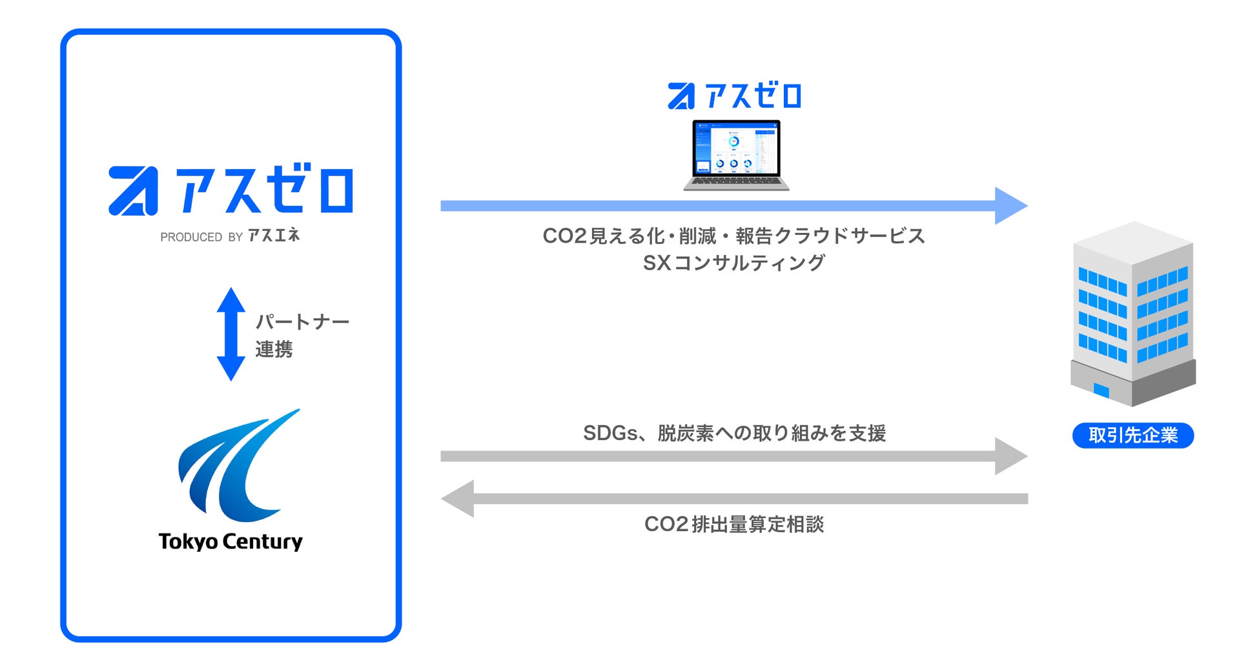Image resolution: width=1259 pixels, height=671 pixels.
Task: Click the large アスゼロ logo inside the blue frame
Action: [x=230, y=190]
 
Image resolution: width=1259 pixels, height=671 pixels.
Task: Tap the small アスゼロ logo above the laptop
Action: [x=735, y=96]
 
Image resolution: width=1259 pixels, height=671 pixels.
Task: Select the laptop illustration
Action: [x=736, y=155]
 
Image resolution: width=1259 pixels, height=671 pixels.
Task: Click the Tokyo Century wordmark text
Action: [x=230, y=541]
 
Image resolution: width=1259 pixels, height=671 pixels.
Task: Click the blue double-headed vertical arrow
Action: [x=230, y=334]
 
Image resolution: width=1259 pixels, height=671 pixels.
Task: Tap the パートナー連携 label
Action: [x=302, y=335]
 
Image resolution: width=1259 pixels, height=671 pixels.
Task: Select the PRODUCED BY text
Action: [x=201, y=237]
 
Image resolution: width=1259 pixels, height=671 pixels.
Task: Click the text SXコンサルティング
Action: [x=733, y=263]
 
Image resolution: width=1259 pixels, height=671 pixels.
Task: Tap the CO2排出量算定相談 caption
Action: [x=734, y=524]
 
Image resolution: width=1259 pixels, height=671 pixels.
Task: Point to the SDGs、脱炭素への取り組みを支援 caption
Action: [x=734, y=433]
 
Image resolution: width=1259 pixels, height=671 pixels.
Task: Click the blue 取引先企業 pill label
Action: [x=1133, y=436]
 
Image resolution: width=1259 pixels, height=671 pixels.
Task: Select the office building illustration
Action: [x=1133, y=313]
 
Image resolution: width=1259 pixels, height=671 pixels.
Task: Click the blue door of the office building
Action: [x=1101, y=390]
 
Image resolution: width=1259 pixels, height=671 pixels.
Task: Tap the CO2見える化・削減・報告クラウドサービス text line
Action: [x=733, y=236]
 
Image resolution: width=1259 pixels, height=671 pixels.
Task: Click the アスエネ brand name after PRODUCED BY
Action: [x=274, y=235]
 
